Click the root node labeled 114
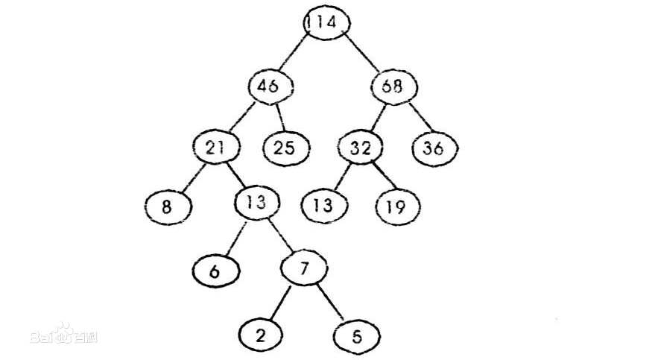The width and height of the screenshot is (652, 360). coord(326,22)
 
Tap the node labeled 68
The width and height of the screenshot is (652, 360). coord(393,86)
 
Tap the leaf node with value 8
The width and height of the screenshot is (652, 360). coord(167,206)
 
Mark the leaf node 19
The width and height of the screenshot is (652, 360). coord(397,206)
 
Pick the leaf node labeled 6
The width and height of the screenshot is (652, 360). coord(215,270)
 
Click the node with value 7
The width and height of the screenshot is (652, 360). coord(303,268)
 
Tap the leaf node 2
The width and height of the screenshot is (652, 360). coord(260,335)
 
